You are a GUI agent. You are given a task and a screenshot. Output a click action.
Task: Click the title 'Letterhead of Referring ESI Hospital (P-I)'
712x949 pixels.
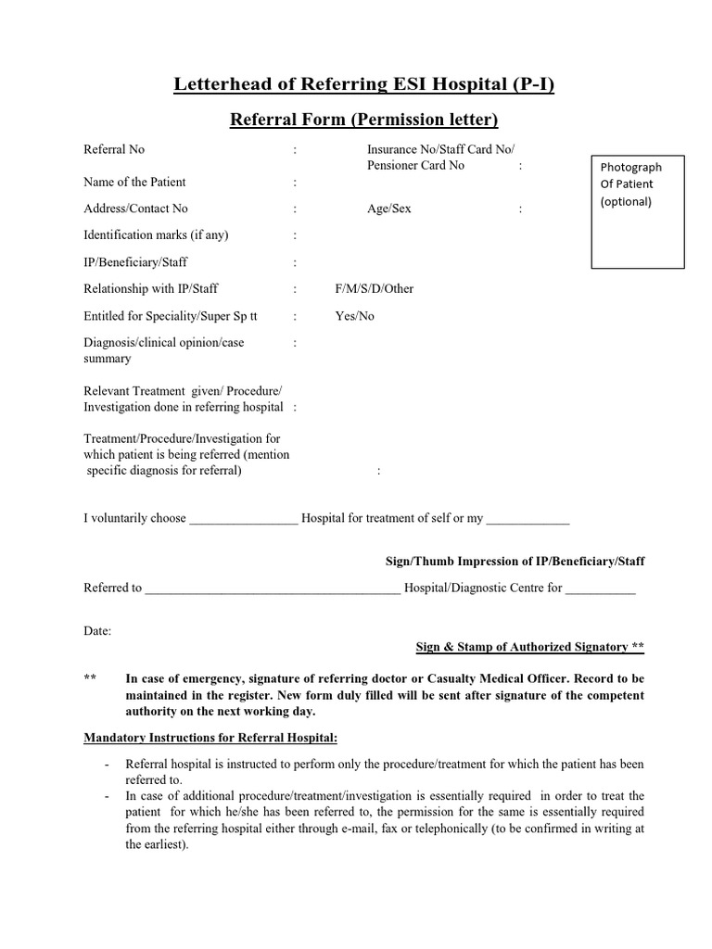point(364,85)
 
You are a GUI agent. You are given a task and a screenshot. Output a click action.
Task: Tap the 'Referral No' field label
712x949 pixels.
point(114,149)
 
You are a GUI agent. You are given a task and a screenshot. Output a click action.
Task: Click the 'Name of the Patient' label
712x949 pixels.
point(134,182)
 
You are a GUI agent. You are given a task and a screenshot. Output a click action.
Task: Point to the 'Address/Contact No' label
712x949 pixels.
point(135,209)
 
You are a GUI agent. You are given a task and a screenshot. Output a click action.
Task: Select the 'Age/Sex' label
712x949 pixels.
point(388,209)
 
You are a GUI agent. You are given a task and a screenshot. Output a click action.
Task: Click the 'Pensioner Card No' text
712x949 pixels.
point(415,166)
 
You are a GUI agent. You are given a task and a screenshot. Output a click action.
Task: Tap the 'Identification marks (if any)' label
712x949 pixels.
point(156,235)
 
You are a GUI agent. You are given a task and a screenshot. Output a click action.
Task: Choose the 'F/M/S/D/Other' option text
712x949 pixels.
point(375,288)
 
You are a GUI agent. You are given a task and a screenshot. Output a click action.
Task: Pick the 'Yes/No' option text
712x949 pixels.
point(354,316)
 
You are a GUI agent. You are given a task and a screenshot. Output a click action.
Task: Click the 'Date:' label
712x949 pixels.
point(97,630)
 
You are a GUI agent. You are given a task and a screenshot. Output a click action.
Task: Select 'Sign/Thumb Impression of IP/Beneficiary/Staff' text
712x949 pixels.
point(515,562)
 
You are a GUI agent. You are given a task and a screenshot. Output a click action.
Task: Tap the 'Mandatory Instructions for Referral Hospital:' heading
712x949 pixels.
point(210,738)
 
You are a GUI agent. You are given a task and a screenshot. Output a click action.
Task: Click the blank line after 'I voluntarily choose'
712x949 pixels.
point(244,520)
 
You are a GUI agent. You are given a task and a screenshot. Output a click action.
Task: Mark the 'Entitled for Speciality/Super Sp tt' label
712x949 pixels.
point(171,316)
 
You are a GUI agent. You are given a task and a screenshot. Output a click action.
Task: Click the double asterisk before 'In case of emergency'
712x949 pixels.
point(90,678)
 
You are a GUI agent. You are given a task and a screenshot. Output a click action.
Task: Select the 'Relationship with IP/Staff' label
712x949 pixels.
point(151,288)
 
